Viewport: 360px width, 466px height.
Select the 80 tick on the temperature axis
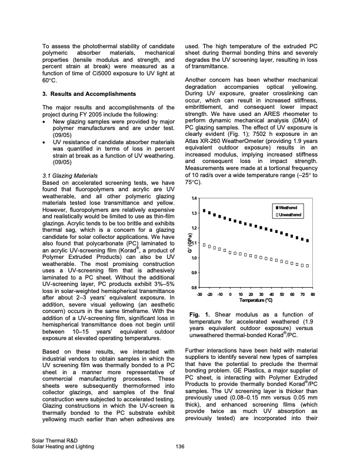coord(313,294)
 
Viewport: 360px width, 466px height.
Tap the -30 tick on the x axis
coord(199,294)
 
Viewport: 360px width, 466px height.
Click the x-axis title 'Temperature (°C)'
coord(255,301)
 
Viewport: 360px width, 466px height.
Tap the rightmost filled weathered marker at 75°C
coord(308,240)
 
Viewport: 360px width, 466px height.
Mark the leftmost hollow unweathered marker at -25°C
coord(204,244)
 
